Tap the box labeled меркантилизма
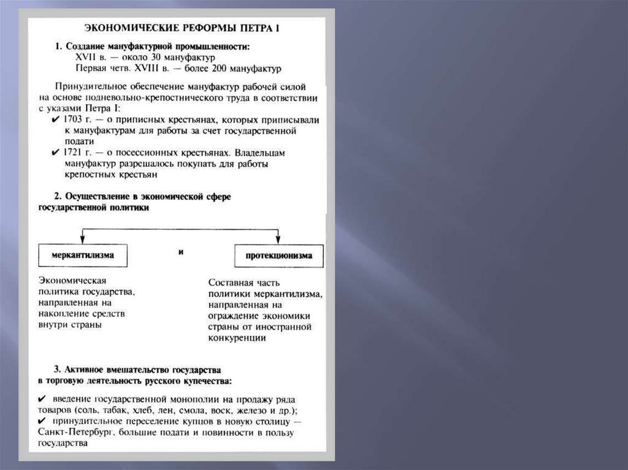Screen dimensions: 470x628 83,256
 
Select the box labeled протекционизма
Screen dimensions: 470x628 279,256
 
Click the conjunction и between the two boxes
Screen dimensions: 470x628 182,252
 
